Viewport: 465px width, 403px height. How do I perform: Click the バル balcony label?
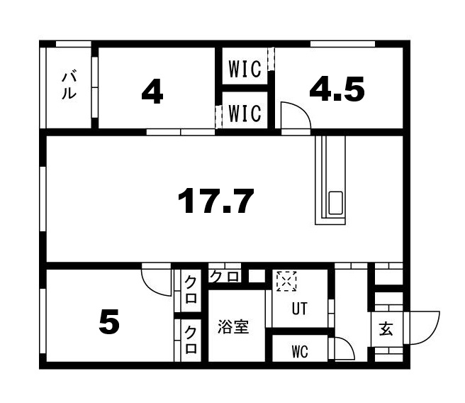[68, 86]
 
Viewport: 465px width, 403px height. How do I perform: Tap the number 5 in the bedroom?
[108, 324]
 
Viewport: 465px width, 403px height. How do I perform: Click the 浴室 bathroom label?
[233, 329]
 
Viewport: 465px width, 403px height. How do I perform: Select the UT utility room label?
[301, 309]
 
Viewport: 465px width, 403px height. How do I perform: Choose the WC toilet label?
[300, 352]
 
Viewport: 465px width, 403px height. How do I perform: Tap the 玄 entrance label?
[386, 330]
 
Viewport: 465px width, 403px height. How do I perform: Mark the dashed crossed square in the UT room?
[286, 281]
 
